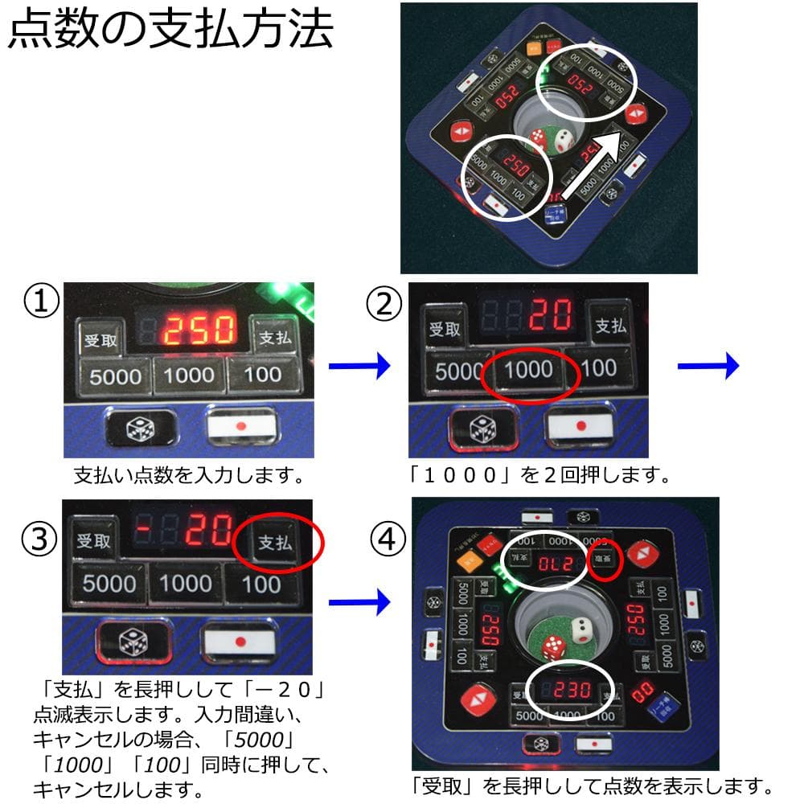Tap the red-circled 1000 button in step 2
(x=527, y=371)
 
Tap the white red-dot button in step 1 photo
(x=241, y=425)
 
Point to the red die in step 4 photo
(x=553, y=647)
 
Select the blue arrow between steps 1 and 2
(x=359, y=367)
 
